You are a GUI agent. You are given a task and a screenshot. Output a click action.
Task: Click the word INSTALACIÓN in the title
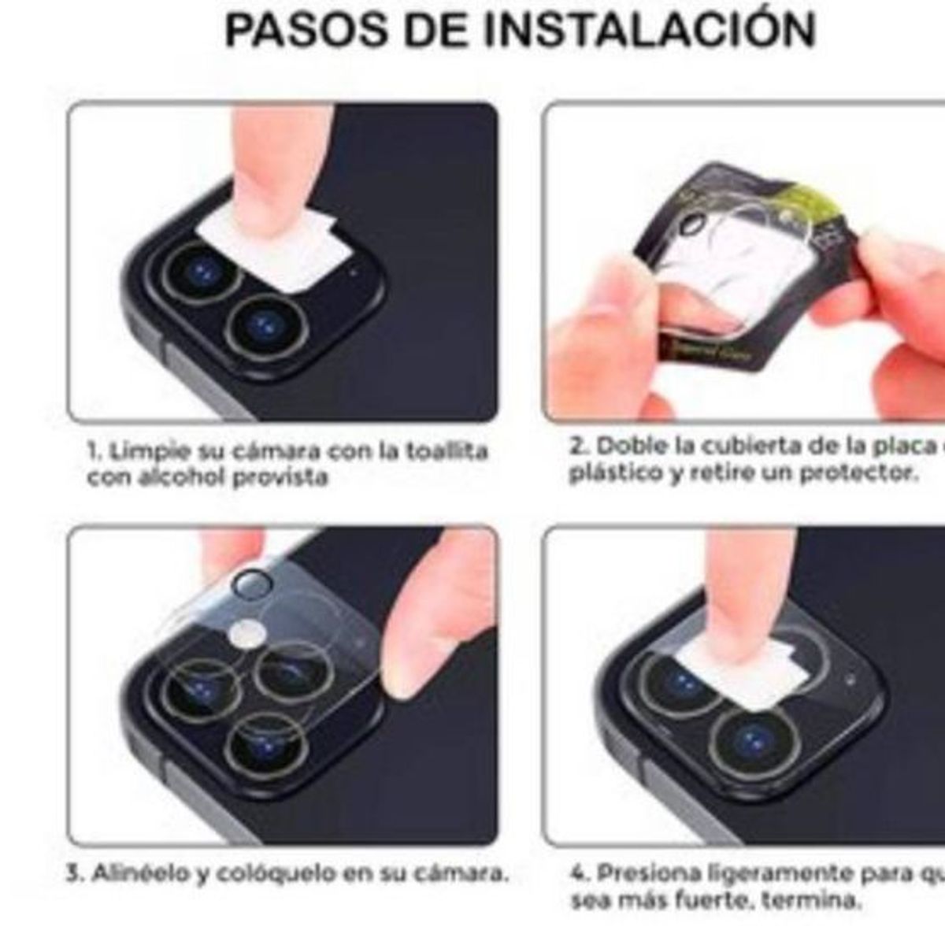[649, 30]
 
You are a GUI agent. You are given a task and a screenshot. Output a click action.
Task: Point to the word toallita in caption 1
[447, 451]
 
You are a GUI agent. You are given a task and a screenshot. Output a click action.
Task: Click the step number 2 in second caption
[576, 447]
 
